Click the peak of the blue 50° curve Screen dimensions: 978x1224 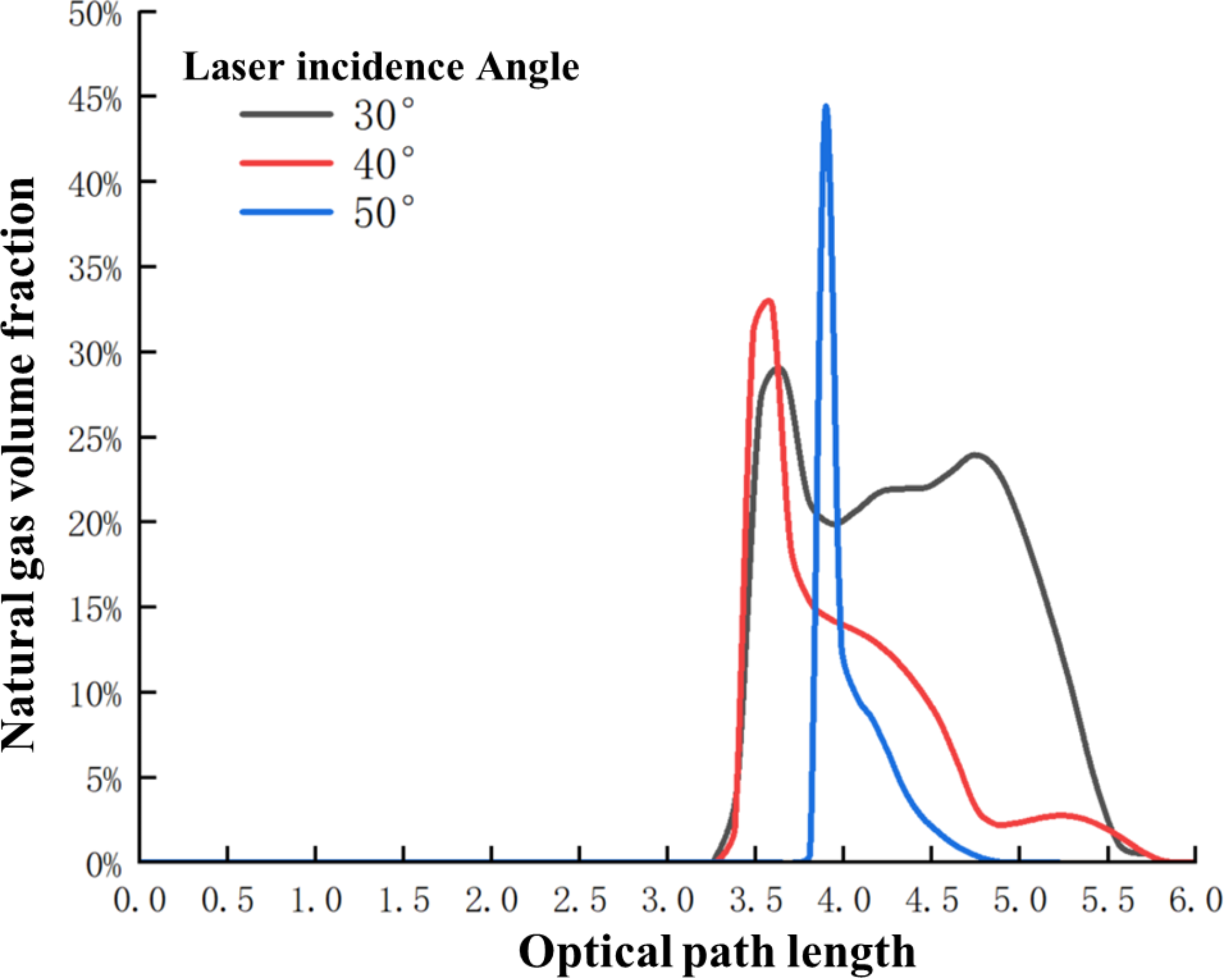point(826,107)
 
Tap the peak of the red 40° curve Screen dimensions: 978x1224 point(769,300)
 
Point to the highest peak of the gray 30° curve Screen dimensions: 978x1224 point(778,369)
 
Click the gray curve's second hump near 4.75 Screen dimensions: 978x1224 point(976,455)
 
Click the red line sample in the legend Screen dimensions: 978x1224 point(286,163)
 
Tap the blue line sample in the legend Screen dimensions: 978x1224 point(286,212)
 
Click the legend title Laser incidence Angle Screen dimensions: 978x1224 point(381,66)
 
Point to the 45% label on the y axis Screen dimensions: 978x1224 point(95,99)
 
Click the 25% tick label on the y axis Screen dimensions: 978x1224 point(95,440)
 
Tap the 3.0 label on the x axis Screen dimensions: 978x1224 point(667,900)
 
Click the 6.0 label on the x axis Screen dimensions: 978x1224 point(1195,900)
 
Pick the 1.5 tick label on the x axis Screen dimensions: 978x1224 point(404,900)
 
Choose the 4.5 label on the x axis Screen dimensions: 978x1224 point(931,900)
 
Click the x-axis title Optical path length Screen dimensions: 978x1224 point(717,951)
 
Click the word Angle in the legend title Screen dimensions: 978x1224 point(528,68)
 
